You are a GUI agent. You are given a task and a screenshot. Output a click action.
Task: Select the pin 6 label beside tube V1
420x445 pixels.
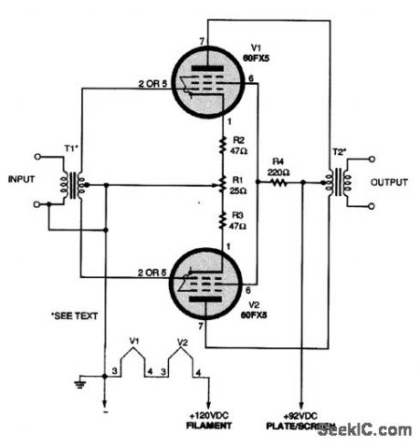pos(249,78)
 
